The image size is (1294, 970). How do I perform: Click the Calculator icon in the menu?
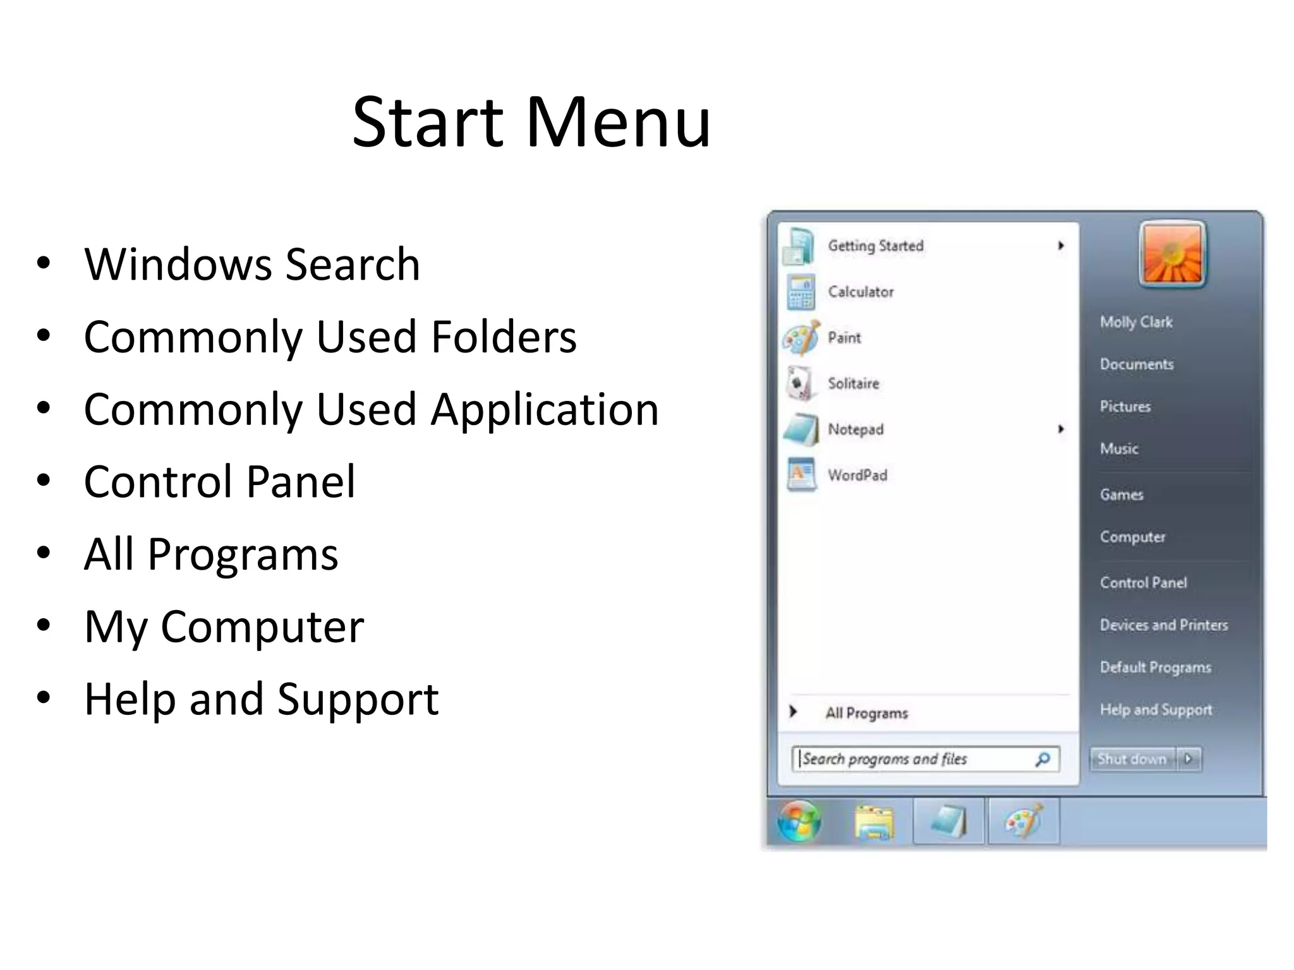click(x=801, y=292)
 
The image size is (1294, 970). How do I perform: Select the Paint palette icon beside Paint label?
click(x=801, y=338)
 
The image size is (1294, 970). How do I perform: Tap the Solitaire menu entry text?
click(x=853, y=383)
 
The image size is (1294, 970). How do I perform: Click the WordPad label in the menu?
click(x=857, y=475)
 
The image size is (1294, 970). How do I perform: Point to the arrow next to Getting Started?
click(x=1061, y=245)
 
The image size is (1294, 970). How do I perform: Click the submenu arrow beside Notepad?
click(x=1061, y=429)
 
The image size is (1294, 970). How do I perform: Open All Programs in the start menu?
click(x=866, y=713)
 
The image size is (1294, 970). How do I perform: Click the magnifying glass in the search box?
click(x=1043, y=758)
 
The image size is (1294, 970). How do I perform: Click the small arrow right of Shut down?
click(x=1188, y=758)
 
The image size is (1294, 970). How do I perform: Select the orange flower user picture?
click(x=1173, y=254)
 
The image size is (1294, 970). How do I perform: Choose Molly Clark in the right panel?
click(x=1136, y=322)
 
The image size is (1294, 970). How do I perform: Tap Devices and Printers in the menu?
click(x=1164, y=625)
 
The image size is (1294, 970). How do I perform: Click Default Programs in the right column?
click(x=1156, y=667)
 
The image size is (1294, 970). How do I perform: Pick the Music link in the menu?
click(x=1119, y=448)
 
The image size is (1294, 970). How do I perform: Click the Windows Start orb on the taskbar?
click(x=799, y=821)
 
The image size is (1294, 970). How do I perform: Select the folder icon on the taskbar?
click(x=874, y=822)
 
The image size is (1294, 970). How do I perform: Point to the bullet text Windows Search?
click(x=252, y=264)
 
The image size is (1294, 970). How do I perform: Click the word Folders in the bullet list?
click(x=504, y=337)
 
